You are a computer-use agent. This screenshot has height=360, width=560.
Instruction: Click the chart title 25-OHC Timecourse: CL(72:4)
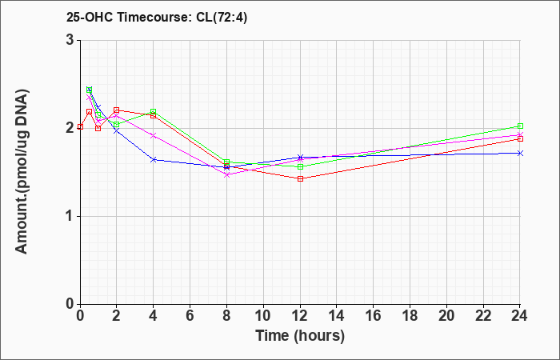tap(157, 17)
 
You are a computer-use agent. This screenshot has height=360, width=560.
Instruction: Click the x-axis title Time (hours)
tap(300, 336)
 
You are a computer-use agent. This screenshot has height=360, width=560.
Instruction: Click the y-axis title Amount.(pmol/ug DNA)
tap(22, 171)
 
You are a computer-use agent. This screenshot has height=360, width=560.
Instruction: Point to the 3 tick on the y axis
tap(72, 40)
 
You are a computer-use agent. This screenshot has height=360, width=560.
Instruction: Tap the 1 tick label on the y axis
tap(72, 217)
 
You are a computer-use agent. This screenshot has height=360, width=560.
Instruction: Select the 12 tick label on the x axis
tap(300, 315)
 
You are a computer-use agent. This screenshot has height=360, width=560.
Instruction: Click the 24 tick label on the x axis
tap(520, 315)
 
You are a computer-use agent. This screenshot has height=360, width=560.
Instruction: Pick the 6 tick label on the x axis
tap(190, 315)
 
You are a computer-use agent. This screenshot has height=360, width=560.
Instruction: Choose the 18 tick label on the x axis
tap(410, 315)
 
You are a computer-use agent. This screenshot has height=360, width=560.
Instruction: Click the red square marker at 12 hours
tap(300, 178)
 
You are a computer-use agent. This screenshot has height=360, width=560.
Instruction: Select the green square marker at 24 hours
tap(520, 126)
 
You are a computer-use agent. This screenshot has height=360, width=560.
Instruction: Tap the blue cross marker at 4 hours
tap(154, 160)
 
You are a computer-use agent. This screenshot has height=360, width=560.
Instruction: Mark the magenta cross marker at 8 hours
tap(226, 174)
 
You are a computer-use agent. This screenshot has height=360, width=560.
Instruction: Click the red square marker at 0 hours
tap(80, 126)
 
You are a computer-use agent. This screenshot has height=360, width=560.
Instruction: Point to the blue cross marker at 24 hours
tap(520, 154)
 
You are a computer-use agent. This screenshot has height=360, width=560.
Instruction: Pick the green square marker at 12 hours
tap(300, 166)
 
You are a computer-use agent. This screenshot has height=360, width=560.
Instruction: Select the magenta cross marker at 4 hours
tap(154, 136)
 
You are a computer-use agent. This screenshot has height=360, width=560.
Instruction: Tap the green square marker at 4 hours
tap(154, 111)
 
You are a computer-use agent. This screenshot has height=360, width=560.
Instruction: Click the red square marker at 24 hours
tap(520, 139)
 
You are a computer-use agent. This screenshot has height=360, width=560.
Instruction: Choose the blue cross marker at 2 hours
tap(117, 131)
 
